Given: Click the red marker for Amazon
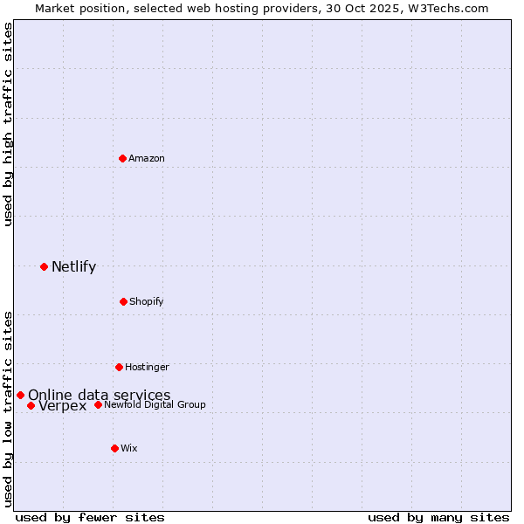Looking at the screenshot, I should tap(123, 158).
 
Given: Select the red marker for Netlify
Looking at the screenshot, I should tap(44, 266).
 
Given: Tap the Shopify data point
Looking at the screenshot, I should tap(123, 301).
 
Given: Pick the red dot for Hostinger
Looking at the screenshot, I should tap(119, 367).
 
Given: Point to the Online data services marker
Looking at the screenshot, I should tap(20, 395).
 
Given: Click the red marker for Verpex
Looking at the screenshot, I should tap(31, 405).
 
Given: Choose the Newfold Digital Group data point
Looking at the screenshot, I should tap(98, 404).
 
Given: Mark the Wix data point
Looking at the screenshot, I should tap(114, 448).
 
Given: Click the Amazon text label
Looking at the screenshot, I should tap(147, 158).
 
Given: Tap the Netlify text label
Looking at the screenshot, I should tap(73, 266).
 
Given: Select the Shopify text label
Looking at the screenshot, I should tap(147, 301).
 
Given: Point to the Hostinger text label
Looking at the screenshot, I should tap(147, 367).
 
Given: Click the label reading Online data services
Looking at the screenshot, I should tap(100, 395).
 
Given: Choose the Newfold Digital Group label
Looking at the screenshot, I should tap(155, 404).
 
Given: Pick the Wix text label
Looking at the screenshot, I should tap(129, 448).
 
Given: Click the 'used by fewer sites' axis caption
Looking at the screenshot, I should tap(90, 517).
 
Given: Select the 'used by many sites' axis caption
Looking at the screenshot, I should tap(438, 517).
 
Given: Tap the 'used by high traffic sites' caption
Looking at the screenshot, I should tap(8, 124).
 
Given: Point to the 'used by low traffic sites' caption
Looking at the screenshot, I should tap(8, 408).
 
